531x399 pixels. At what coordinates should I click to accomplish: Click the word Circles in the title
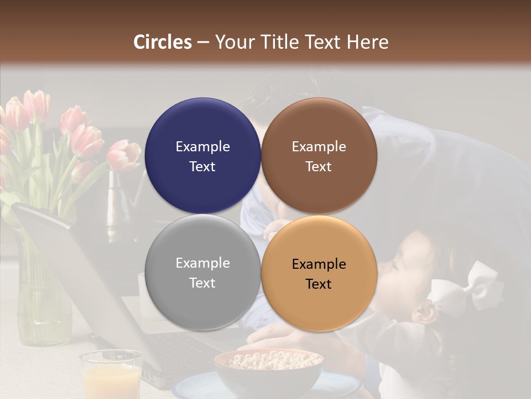tap(163, 42)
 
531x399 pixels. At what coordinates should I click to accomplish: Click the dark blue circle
tap(202, 156)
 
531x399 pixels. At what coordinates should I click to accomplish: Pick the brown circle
tap(319, 156)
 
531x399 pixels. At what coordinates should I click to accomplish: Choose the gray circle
tap(202, 273)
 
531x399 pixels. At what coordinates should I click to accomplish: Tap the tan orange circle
tap(319, 273)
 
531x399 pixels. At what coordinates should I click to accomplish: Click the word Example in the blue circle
tap(202, 147)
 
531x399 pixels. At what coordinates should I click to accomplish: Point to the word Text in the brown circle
tap(319, 166)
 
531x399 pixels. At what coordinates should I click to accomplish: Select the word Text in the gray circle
tap(202, 283)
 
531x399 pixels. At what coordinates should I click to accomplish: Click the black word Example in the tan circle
tap(319, 264)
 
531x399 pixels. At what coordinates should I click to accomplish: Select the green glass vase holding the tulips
tap(41, 294)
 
